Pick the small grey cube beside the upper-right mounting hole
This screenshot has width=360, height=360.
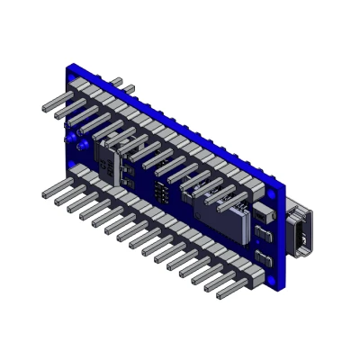point(264,215)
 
